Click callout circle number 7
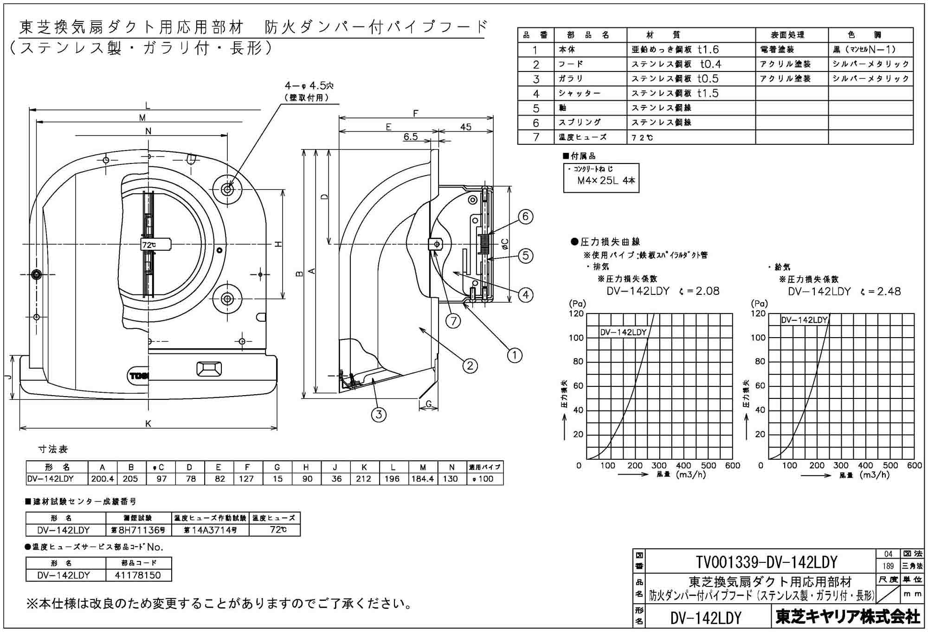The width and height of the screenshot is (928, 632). point(453,320)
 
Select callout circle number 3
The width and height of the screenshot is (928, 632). point(379,414)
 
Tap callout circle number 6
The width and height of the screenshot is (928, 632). point(525,216)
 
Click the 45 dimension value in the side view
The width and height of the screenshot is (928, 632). point(465,127)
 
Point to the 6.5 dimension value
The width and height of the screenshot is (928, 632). point(410,137)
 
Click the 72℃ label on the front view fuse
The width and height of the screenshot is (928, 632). point(149,245)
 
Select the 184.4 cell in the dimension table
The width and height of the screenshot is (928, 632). point(422,479)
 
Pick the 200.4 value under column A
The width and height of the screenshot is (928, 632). point(102,479)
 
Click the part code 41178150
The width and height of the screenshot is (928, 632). point(139,575)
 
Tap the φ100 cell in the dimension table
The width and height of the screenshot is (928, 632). point(483,479)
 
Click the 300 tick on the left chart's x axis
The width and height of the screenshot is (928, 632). point(659,465)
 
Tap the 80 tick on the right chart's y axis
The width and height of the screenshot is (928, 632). point(760,361)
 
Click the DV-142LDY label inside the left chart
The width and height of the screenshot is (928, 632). point(623,332)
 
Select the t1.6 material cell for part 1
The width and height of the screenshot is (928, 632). point(708,49)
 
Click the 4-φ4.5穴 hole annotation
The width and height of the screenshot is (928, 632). point(309,86)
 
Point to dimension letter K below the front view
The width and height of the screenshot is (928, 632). point(148,423)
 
